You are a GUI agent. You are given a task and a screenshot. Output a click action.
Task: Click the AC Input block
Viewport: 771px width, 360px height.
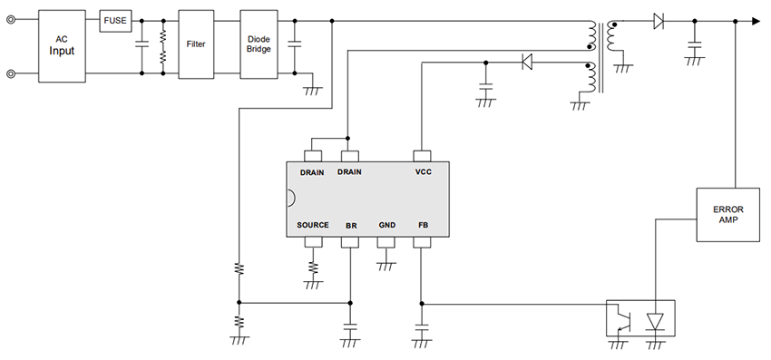click(62, 45)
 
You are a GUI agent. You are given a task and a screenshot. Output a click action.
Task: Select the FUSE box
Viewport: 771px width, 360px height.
click(115, 20)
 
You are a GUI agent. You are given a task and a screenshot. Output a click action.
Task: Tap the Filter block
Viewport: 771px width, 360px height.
click(196, 44)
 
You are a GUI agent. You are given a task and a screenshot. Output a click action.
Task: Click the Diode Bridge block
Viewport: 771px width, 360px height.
click(259, 44)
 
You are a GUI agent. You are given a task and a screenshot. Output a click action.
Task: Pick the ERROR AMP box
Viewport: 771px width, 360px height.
click(727, 214)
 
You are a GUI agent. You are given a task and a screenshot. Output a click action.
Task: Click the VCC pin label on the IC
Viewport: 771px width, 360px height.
click(422, 171)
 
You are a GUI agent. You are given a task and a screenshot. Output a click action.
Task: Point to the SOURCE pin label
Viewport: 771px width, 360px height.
click(313, 224)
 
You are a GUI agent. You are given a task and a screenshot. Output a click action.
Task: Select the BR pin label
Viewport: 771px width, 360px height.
click(350, 224)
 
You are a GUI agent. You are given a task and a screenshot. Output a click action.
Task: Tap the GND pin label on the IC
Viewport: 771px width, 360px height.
click(386, 224)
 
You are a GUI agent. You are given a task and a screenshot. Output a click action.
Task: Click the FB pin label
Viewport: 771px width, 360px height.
click(422, 224)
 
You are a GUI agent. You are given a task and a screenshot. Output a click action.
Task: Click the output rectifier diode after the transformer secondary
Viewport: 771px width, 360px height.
click(658, 21)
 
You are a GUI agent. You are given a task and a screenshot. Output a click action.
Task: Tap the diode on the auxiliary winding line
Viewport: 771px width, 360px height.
click(526, 62)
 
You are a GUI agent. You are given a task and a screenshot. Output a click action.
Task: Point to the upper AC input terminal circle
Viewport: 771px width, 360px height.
click(11, 21)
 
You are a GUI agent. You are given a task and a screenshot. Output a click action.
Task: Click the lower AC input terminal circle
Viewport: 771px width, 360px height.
click(11, 74)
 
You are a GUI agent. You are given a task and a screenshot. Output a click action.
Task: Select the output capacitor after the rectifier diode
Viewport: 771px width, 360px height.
click(695, 43)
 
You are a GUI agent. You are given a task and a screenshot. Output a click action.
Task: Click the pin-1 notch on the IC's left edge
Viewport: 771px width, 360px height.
click(290, 198)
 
